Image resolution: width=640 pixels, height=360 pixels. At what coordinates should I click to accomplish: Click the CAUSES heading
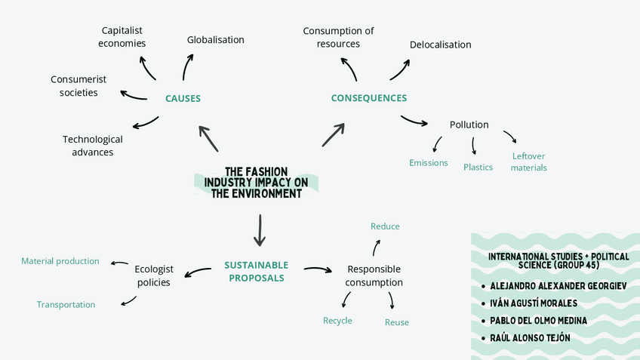pos(183,98)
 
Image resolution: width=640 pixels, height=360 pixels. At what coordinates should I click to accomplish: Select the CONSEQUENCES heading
pos(368,98)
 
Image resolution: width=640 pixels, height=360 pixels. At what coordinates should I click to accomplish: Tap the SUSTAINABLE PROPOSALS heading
pos(256,272)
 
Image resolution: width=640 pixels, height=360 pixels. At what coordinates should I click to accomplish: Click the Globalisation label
pos(215,39)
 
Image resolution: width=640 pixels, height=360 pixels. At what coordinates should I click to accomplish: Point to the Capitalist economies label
pos(122,37)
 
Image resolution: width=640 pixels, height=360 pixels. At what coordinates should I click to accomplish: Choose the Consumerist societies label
pos(78,86)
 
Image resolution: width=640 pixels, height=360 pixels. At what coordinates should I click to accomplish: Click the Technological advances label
pos(93,146)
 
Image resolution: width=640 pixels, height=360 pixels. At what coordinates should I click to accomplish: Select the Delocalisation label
pos(440,45)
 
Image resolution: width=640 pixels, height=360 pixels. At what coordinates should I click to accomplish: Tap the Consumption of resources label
pos(338,37)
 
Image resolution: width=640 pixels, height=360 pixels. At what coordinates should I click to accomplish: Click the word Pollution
pos(469,125)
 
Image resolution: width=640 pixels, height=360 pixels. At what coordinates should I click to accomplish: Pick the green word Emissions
pos(428,163)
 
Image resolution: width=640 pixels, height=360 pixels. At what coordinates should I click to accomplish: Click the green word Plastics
pos(478,168)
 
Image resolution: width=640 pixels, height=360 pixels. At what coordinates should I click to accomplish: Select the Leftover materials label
pos(528,162)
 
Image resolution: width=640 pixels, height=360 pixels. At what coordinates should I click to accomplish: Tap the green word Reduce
pos(385,226)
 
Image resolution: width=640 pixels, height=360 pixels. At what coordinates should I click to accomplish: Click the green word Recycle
pos(337,321)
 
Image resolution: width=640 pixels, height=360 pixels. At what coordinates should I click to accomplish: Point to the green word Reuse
pos(397,322)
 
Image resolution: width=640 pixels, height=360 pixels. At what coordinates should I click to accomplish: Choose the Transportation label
pos(66,305)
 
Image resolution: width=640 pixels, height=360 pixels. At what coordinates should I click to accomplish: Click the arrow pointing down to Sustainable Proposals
pos(260,230)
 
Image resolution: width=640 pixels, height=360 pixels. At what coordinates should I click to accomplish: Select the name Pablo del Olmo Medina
pos(538,320)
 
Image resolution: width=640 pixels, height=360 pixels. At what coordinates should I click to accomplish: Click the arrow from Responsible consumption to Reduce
pos(377,248)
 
